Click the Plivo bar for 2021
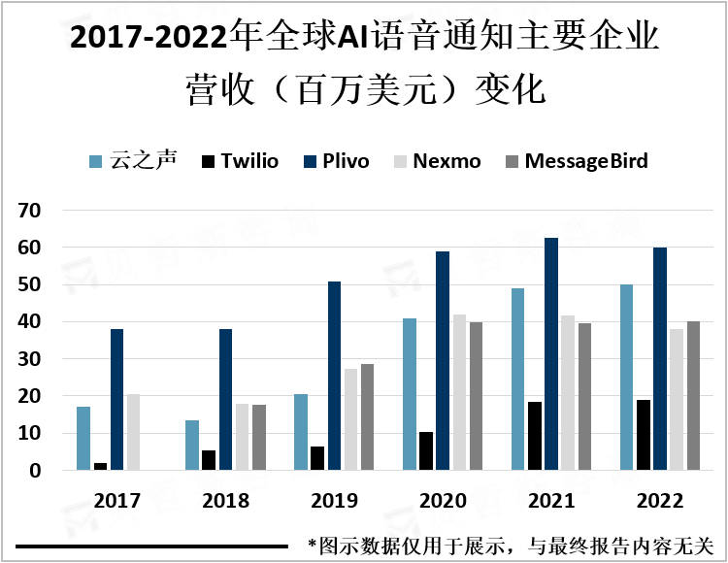(551, 354)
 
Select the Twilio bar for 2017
(100, 467)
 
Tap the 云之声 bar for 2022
(626, 378)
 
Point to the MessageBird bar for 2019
(367, 417)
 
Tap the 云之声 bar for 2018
(192, 446)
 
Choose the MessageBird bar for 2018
(258, 438)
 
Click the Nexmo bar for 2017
(134, 432)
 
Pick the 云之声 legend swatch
(96, 161)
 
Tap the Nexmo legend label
(447, 161)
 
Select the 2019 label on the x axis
(334, 501)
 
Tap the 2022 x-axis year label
(660, 501)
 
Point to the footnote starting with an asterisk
(510, 546)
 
